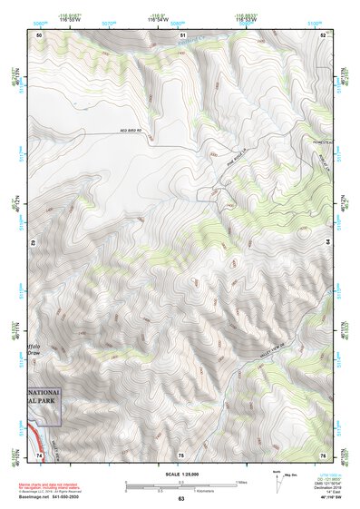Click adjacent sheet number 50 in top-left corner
[x=39, y=34]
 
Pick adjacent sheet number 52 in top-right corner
[x=324, y=34]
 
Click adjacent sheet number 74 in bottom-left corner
[x=39, y=454]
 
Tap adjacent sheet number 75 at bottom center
[x=181, y=454]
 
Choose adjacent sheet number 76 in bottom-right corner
[x=324, y=454]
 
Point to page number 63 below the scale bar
[x=181, y=498]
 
